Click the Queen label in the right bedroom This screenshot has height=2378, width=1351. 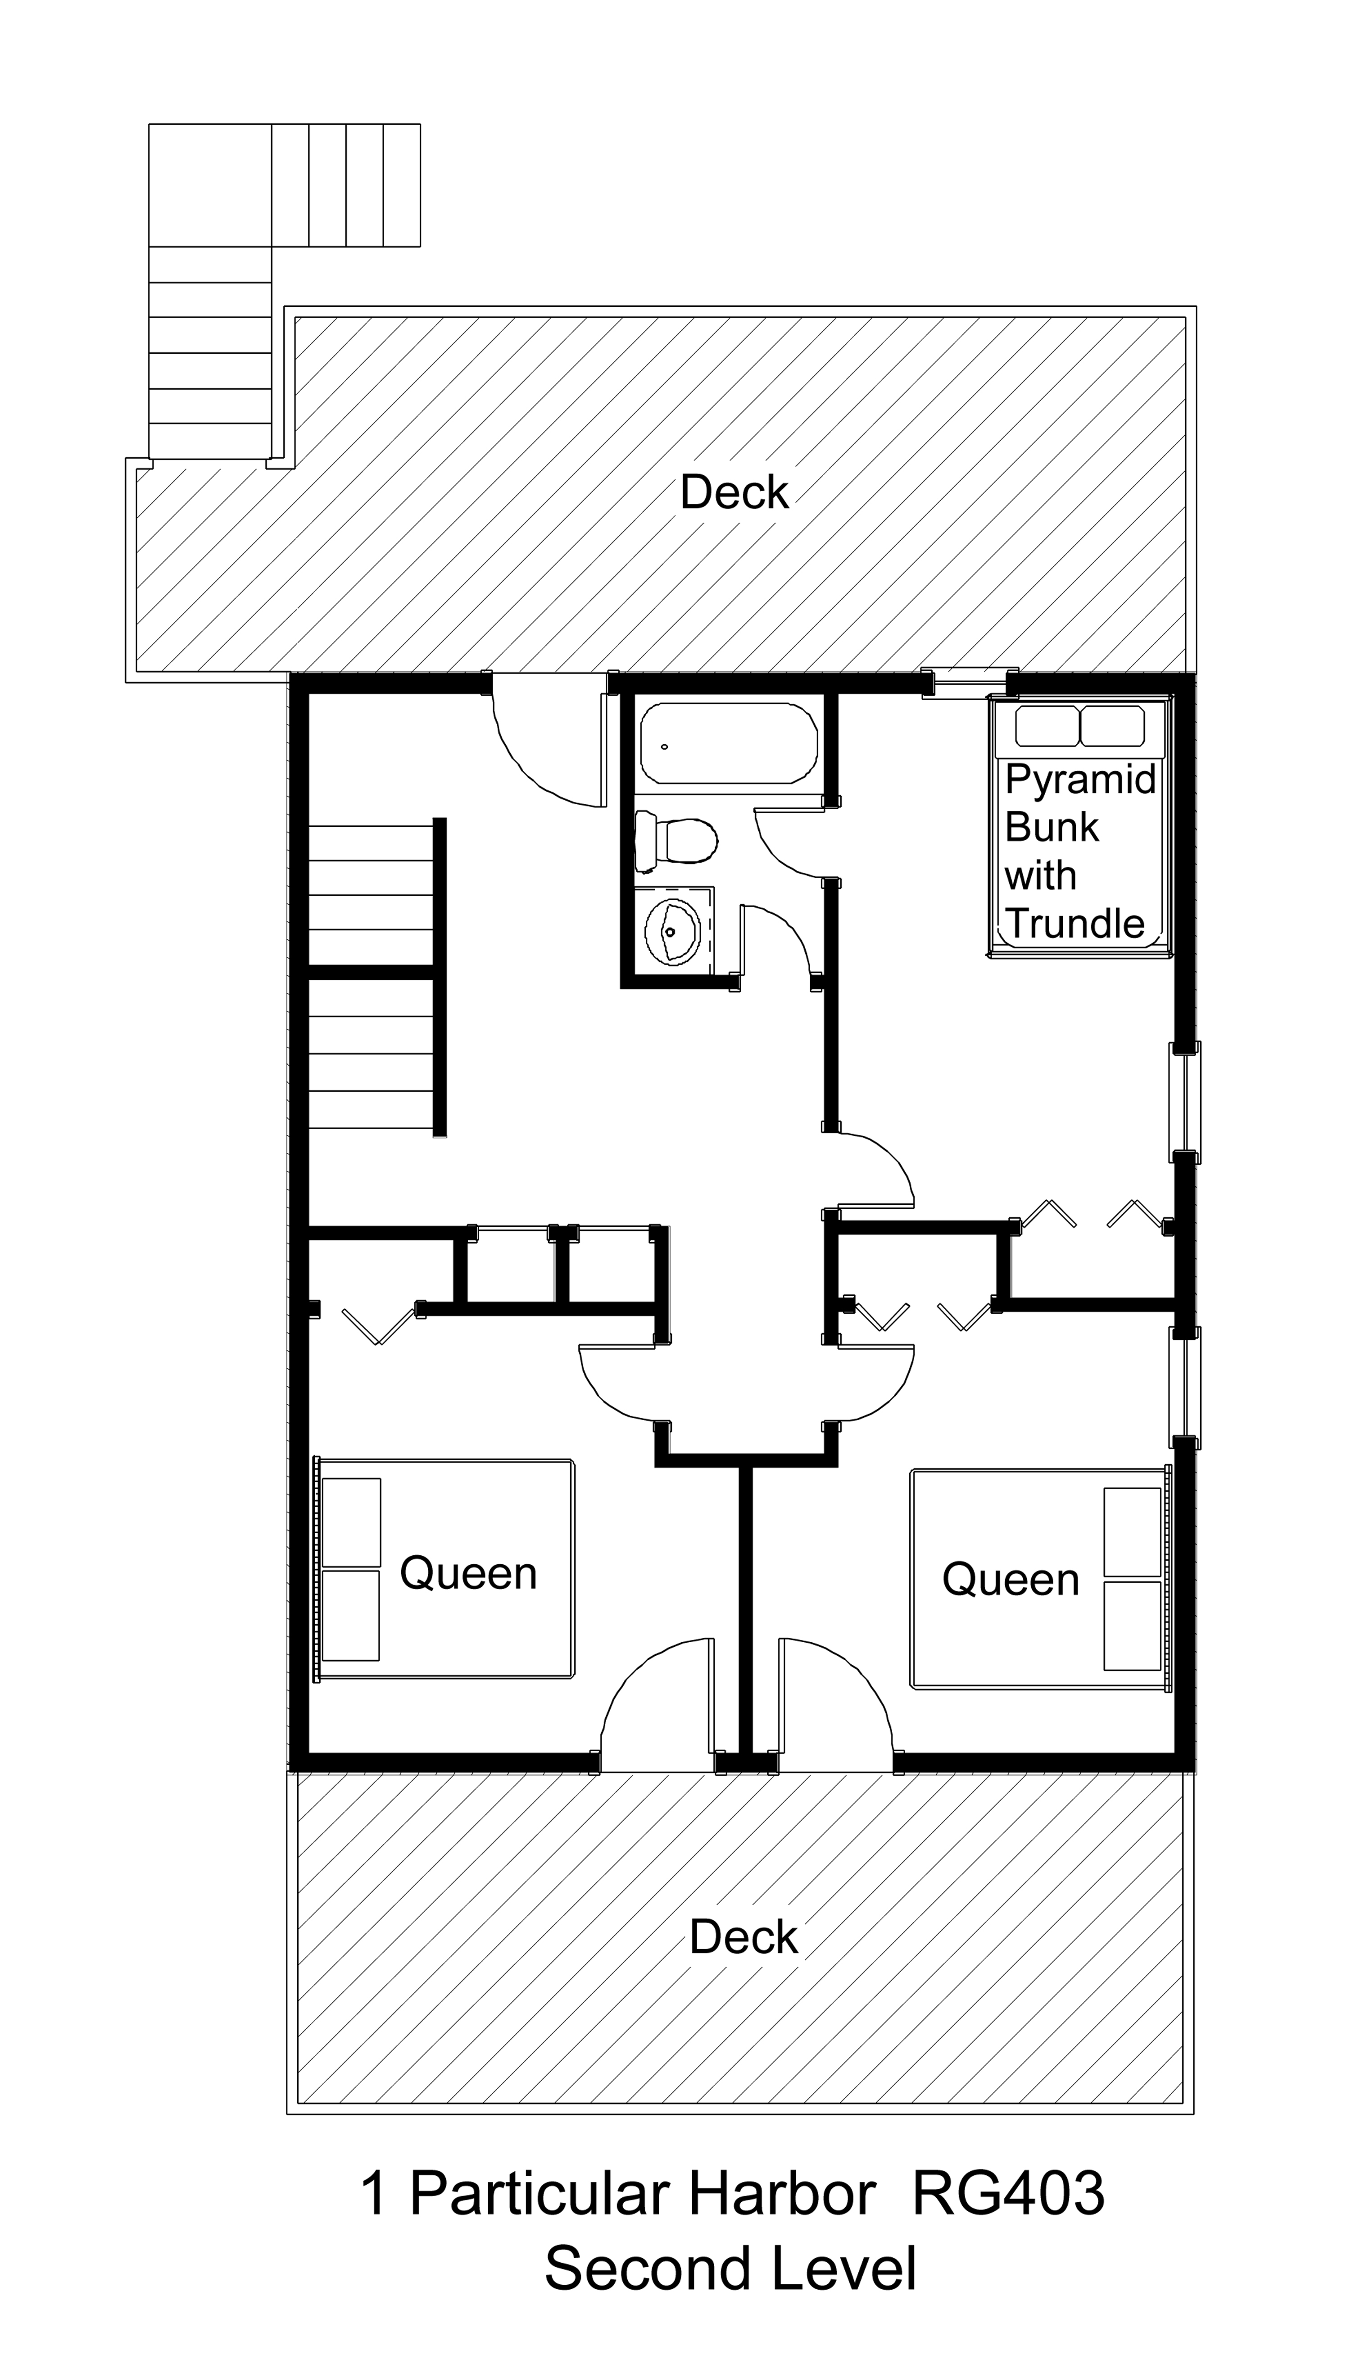coord(1011,1580)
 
